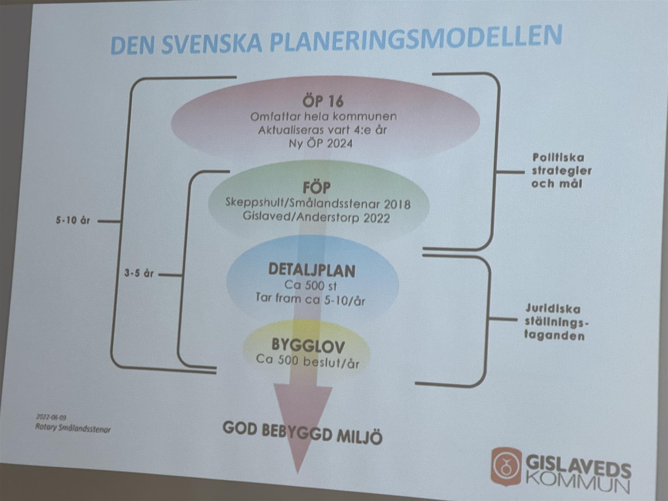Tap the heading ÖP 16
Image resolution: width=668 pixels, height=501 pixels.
click(323, 101)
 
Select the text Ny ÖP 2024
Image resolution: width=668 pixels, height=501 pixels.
click(321, 143)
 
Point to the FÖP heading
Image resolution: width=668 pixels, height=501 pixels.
click(316, 188)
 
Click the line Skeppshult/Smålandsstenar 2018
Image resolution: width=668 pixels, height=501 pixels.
click(318, 204)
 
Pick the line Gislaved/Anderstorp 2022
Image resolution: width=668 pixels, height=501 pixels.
click(316, 218)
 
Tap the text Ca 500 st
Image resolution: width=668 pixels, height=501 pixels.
click(311, 286)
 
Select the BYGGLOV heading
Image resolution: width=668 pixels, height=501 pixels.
click(308, 346)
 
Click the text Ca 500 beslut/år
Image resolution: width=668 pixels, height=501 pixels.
click(308, 361)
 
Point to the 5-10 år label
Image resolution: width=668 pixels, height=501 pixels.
click(73, 221)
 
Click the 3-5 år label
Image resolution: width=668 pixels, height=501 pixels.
click(139, 273)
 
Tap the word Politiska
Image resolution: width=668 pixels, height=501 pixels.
click(558, 158)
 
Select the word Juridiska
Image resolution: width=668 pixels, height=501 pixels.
click(553, 309)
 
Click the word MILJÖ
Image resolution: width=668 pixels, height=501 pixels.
click(360, 437)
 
